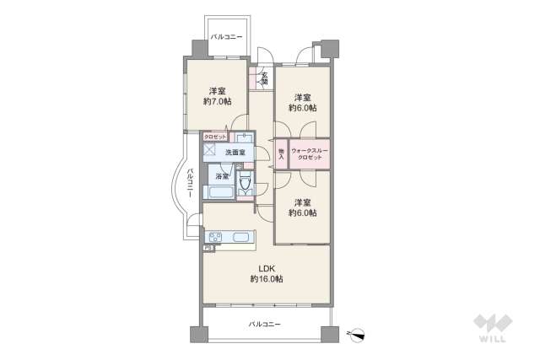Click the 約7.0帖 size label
(217, 101)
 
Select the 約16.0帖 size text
(266, 279)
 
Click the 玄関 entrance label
(262, 78)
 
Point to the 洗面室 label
(235, 153)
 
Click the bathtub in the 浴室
(219, 192)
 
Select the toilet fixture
(246, 185)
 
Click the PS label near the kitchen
(208, 248)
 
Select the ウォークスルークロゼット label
(309, 154)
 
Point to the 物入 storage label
(281, 153)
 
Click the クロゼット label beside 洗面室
(214, 136)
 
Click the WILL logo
(491, 329)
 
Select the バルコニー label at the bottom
(265, 325)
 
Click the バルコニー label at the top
(226, 37)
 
